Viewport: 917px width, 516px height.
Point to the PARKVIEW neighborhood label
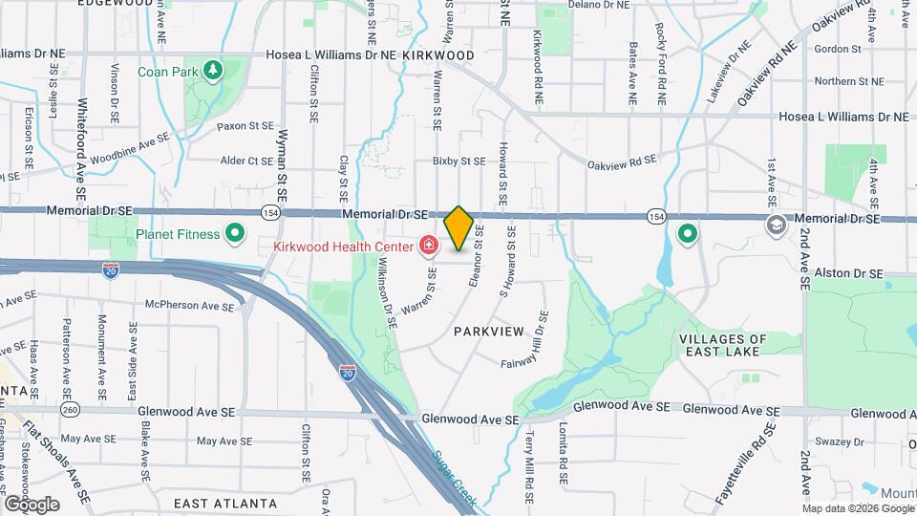coord(489,331)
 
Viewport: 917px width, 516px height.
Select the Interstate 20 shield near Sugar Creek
coord(347,373)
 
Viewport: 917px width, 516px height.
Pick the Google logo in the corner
coord(32,504)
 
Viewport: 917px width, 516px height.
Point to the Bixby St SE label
coord(458,161)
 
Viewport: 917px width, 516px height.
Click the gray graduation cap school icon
coord(777,224)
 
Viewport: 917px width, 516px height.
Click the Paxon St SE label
coord(245,125)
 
